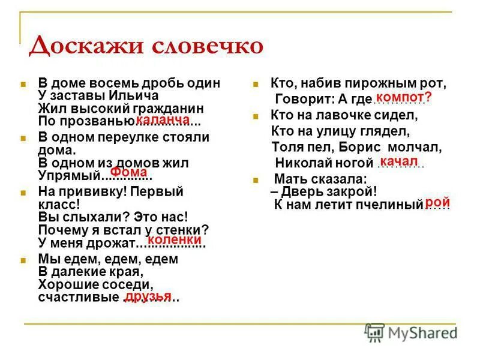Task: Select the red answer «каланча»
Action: pyautogui.click(x=163, y=121)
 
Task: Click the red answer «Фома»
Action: pyautogui.click(x=128, y=172)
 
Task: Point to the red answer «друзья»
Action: pyautogui.click(x=148, y=296)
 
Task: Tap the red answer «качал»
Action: pyautogui.click(x=398, y=161)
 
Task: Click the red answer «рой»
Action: pyautogui.click(x=437, y=203)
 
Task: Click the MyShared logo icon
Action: pyautogui.click(x=374, y=332)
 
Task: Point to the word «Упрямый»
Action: pyautogui.click(x=68, y=176)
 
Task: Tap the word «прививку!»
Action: pyautogui.click(x=89, y=192)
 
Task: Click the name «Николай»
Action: pyautogui.click(x=302, y=162)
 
